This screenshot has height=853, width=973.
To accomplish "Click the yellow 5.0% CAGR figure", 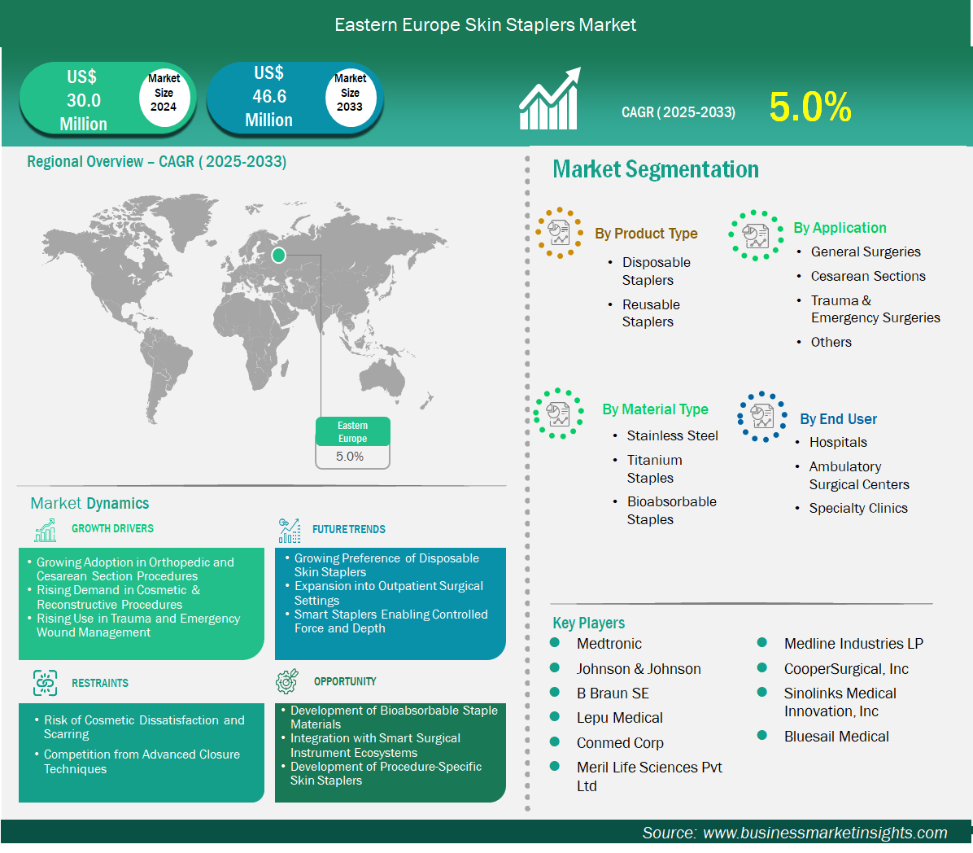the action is pyautogui.click(x=809, y=107).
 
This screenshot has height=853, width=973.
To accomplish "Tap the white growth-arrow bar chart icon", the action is pyautogui.click(x=550, y=98).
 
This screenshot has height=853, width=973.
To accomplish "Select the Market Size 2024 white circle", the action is pyautogui.click(x=164, y=93).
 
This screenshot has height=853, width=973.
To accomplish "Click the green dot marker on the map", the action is pyautogui.click(x=278, y=255).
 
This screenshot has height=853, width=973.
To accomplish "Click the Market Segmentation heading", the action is pyautogui.click(x=655, y=169).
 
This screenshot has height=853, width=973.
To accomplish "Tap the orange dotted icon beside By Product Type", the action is pyautogui.click(x=559, y=233).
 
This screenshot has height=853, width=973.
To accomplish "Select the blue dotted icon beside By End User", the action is pyautogui.click(x=762, y=417).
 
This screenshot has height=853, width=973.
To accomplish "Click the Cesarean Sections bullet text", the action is pyautogui.click(x=867, y=276).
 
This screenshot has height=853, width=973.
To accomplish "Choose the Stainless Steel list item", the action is pyautogui.click(x=672, y=435).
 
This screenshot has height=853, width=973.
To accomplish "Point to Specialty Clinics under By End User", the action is pyautogui.click(x=858, y=509).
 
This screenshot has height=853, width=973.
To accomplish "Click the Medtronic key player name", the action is pyautogui.click(x=609, y=644).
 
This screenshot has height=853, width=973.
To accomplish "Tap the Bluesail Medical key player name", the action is pyautogui.click(x=836, y=737).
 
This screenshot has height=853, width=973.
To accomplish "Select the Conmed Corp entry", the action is pyautogui.click(x=620, y=743).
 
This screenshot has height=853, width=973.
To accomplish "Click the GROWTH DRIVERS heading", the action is pyautogui.click(x=112, y=528).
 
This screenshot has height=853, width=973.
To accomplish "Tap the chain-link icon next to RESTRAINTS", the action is pyautogui.click(x=46, y=683).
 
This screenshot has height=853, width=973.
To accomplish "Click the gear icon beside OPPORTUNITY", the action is pyautogui.click(x=286, y=681).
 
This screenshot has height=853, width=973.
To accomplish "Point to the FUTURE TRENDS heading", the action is pyautogui.click(x=349, y=530).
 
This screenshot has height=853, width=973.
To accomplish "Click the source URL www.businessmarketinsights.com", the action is pyautogui.click(x=825, y=833).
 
